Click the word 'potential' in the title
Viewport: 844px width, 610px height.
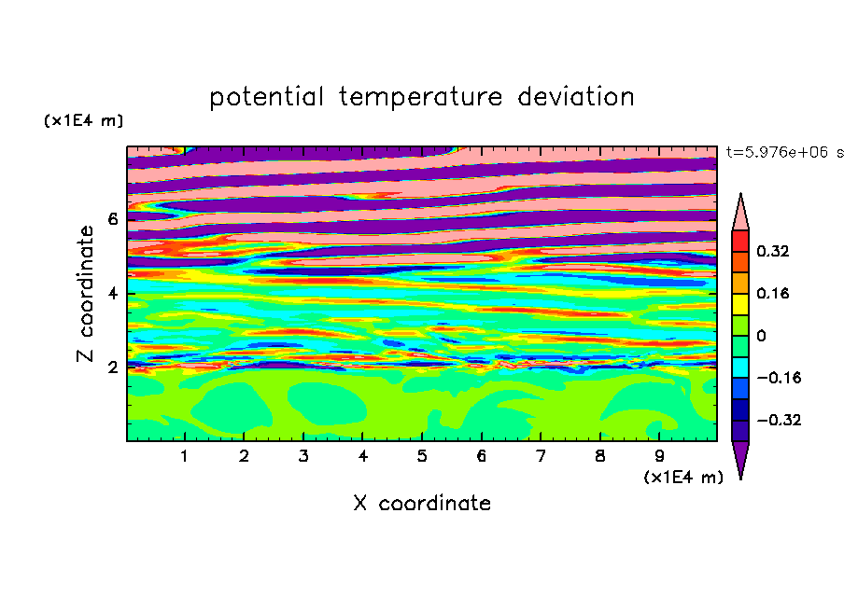267,97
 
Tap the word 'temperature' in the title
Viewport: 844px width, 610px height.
420,97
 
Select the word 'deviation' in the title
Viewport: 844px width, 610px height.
576,97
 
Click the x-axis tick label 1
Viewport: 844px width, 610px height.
185,456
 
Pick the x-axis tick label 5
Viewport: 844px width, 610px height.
422,456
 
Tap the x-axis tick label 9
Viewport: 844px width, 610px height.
659,456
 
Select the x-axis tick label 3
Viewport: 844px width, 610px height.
303,456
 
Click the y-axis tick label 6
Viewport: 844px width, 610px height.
112,219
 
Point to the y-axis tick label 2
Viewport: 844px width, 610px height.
112,367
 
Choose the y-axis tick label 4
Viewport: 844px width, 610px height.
112,294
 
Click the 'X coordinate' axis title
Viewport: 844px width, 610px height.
422,503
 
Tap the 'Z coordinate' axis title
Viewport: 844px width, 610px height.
86,294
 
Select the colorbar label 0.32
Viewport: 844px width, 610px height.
773,251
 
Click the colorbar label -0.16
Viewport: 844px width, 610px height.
779,378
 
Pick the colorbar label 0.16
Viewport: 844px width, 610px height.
773,293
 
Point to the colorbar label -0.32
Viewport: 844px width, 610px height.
779,420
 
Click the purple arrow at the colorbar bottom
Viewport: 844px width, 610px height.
740,457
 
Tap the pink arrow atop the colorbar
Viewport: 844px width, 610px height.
740,215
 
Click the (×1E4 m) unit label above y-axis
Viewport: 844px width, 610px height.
83,120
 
